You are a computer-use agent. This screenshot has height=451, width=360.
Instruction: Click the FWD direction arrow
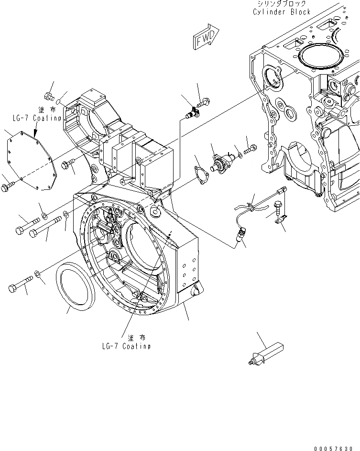click(205, 38)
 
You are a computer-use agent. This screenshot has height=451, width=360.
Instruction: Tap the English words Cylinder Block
click(282, 12)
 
